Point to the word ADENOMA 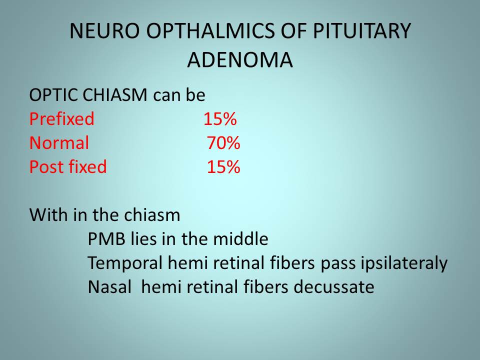(240, 59)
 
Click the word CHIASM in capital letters (115, 95)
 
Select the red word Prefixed (62, 119)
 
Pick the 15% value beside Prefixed (220, 119)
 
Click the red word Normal (59, 143)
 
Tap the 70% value (223, 143)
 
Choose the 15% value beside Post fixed (223, 167)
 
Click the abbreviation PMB (106, 239)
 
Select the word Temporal (125, 263)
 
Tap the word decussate (334, 287)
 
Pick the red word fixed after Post (87, 167)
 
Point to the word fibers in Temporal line (292, 263)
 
